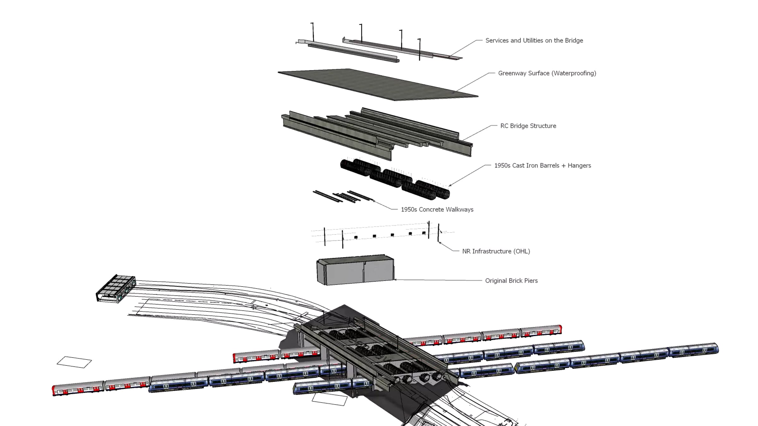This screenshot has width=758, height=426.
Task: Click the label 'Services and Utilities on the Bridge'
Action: click(534, 40)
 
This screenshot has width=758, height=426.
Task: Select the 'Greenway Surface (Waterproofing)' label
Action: click(547, 73)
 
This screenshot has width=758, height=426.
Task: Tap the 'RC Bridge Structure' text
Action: click(528, 126)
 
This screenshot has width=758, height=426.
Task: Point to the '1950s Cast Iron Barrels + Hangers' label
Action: click(542, 165)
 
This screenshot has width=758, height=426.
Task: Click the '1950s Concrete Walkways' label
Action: click(437, 210)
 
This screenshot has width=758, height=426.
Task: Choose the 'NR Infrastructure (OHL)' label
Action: click(496, 251)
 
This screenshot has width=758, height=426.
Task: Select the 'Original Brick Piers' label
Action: click(511, 281)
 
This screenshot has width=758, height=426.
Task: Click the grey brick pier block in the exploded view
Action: click(355, 271)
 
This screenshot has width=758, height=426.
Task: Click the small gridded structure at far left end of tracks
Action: click(116, 288)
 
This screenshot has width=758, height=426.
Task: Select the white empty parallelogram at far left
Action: click(74, 362)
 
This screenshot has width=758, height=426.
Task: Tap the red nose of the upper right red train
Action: click(560, 329)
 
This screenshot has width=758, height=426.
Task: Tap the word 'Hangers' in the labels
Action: click(579, 165)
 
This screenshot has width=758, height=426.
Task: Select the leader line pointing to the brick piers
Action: click(439, 280)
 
